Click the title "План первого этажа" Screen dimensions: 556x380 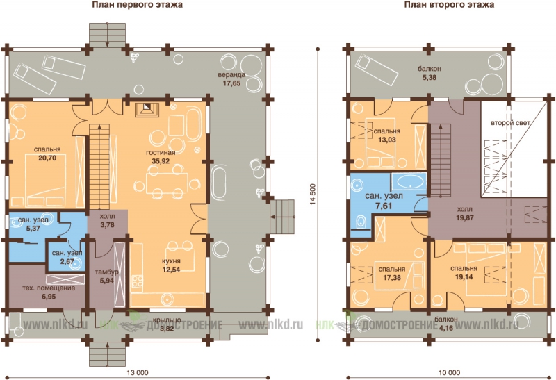coord(137,5)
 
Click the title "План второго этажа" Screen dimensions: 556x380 coord(449,5)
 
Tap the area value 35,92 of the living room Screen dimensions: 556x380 coord(161,161)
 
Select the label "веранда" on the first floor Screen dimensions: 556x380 coord(231,75)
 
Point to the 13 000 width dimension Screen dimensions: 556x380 coord(138,372)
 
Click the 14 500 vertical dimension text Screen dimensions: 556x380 coord(312,195)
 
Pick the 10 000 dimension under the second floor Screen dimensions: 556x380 coord(449,372)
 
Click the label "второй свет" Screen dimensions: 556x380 coord(510,123)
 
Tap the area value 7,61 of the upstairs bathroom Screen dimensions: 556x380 coord(384,205)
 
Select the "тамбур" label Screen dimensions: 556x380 coord(107,272)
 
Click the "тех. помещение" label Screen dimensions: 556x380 coord(49,288)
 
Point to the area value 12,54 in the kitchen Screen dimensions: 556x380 coord(171,270)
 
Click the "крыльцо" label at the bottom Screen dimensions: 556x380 coord(170,320)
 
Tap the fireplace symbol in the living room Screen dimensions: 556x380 coord(146,108)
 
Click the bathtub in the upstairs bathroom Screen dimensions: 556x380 coord(409,183)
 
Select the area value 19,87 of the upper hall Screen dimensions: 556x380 coord(464,217)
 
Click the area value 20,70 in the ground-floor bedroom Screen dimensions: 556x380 coord(47,158)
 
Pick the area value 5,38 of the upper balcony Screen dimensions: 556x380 coord(429,77)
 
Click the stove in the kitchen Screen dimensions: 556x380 coord(137,282)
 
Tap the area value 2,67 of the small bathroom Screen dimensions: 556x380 coord(67,262)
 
